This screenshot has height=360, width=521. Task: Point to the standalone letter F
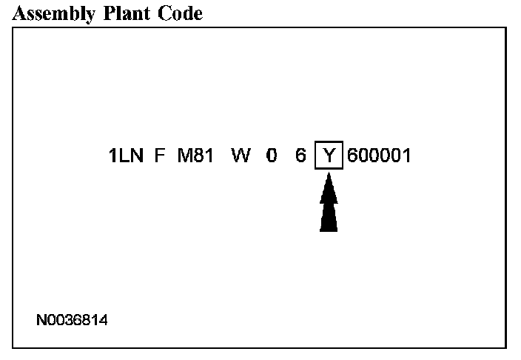click(x=159, y=156)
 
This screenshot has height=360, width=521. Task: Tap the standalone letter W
click(x=241, y=156)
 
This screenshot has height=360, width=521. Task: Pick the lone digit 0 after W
click(x=272, y=156)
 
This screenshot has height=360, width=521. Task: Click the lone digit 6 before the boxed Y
click(x=300, y=156)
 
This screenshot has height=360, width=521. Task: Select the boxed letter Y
click(x=329, y=156)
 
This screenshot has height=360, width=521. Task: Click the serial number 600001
click(x=378, y=156)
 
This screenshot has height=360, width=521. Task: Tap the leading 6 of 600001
click(x=352, y=156)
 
